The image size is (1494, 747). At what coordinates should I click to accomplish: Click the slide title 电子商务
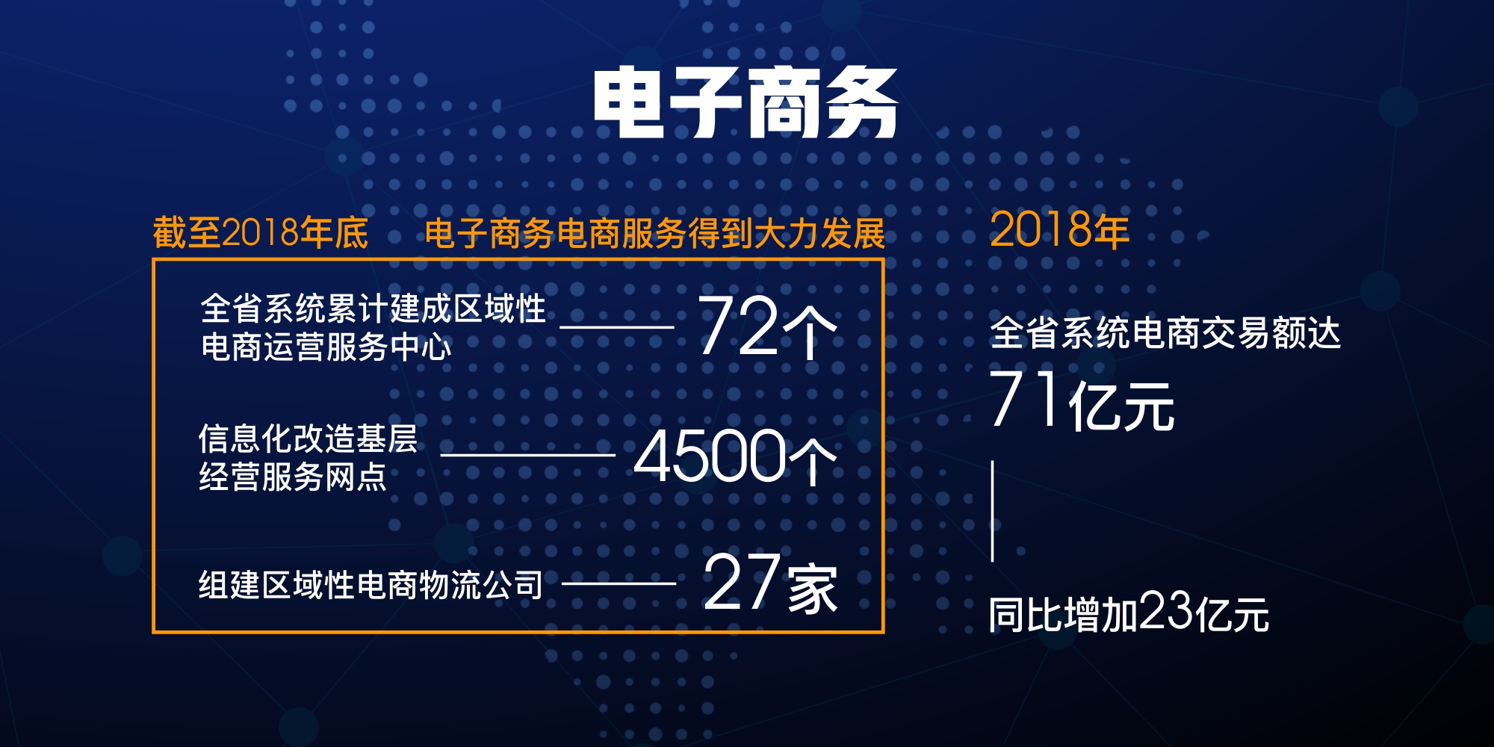click(x=746, y=103)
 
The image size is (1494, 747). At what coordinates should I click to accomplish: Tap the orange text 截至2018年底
click(x=261, y=233)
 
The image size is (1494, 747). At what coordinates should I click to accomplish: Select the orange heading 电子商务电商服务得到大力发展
click(x=655, y=234)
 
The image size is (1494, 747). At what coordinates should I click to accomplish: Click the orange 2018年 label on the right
click(x=1059, y=229)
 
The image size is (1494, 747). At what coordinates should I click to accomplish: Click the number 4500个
click(x=736, y=456)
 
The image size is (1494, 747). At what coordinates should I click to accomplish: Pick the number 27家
click(x=770, y=583)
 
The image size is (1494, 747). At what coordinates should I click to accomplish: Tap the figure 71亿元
click(x=1082, y=400)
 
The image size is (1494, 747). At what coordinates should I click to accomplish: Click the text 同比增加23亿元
click(x=1129, y=613)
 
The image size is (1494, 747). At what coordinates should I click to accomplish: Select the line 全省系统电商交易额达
click(x=1165, y=332)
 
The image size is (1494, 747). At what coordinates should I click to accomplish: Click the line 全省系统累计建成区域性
click(x=373, y=309)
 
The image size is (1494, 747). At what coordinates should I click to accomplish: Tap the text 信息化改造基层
click(x=308, y=439)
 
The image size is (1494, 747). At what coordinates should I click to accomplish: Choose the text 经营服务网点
click(x=293, y=477)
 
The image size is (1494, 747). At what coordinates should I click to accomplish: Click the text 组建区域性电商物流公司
click(x=371, y=585)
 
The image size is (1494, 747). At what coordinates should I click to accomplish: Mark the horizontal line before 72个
click(x=617, y=327)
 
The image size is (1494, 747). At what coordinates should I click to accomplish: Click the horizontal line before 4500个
click(x=528, y=455)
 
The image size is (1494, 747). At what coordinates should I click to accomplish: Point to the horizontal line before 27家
click(x=619, y=583)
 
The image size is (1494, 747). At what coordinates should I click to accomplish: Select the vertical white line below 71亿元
click(x=993, y=511)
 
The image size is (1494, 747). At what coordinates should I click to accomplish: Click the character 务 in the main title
click(x=861, y=103)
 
